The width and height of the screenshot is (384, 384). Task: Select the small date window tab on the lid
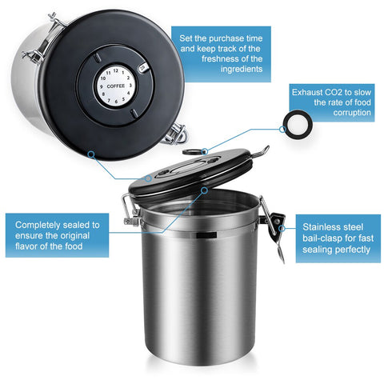[142, 70]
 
